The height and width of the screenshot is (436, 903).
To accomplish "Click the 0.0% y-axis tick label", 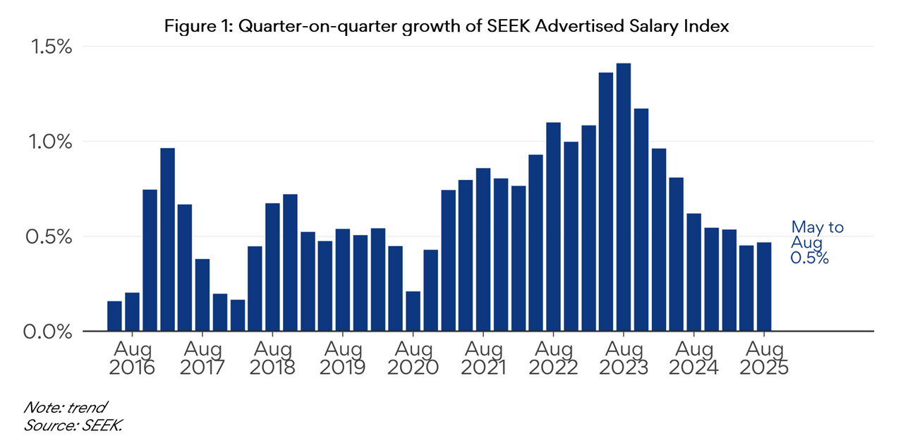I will click(48, 332).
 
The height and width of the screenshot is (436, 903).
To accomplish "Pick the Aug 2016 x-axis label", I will click(132, 358).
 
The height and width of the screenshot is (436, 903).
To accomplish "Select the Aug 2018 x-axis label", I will click(272, 358).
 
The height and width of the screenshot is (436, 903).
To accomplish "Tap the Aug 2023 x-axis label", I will click(624, 358).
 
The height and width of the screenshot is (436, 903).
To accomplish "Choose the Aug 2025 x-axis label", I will click(764, 358).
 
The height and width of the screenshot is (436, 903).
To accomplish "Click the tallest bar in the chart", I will click(624, 197).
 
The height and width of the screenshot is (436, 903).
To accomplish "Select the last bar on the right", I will click(764, 286).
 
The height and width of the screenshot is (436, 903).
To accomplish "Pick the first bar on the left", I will click(114, 316).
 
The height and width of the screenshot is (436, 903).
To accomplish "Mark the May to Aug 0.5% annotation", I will click(817, 243).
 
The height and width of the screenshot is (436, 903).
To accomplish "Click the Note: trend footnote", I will click(65, 407).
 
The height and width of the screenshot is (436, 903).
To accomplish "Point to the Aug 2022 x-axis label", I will click(553, 358).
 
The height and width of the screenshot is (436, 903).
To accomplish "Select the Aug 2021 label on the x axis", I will click(483, 358).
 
